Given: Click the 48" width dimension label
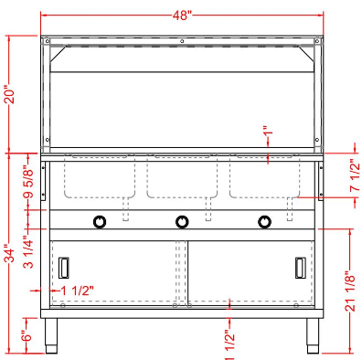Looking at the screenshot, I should [182, 8].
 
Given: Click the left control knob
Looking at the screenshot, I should [99, 220].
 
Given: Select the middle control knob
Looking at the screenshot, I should [182, 220].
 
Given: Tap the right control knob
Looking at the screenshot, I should [265, 220].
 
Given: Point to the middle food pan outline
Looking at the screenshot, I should [182, 178].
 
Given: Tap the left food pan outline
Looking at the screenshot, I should [101, 178].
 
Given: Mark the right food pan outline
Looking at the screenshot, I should [263, 178].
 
